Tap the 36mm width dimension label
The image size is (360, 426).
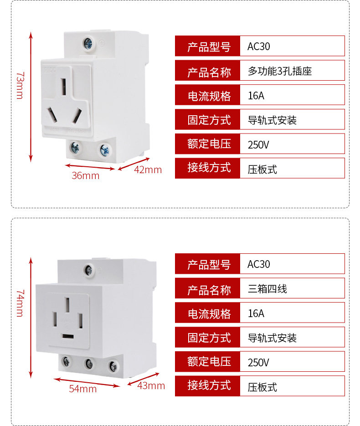[x=85, y=175]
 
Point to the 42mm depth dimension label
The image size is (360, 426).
[x=148, y=170]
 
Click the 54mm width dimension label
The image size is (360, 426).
[x=83, y=389]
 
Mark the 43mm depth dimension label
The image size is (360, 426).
[x=151, y=385]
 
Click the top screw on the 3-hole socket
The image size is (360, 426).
[x=88, y=44]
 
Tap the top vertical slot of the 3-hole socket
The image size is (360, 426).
[x=64, y=84]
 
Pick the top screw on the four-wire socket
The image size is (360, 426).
[x=88, y=270]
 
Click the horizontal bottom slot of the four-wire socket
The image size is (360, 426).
[x=68, y=337]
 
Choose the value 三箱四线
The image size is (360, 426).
[x=267, y=288]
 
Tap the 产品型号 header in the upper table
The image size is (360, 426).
[x=209, y=46]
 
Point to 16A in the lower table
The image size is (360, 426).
[x=256, y=313]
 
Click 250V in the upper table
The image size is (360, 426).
[x=258, y=145]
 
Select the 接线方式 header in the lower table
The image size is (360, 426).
[x=209, y=385]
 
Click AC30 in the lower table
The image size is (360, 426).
[x=259, y=264]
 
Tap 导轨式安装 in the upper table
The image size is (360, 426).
[x=272, y=120]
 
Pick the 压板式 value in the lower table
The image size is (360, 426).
[x=262, y=387]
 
